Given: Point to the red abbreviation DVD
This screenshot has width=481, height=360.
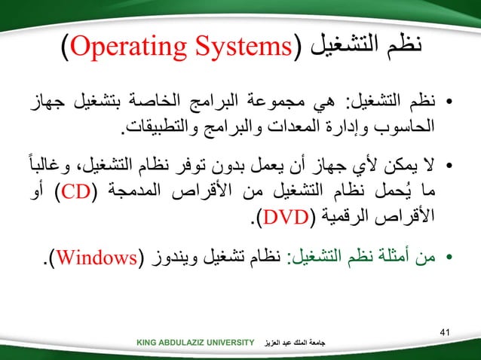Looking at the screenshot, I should [283, 218].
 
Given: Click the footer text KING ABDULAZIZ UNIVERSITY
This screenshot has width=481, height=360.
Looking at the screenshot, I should [195, 344].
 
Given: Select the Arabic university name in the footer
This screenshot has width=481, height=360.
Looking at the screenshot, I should [301, 344].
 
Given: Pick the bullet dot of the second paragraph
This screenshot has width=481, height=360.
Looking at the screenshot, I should [449, 165].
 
